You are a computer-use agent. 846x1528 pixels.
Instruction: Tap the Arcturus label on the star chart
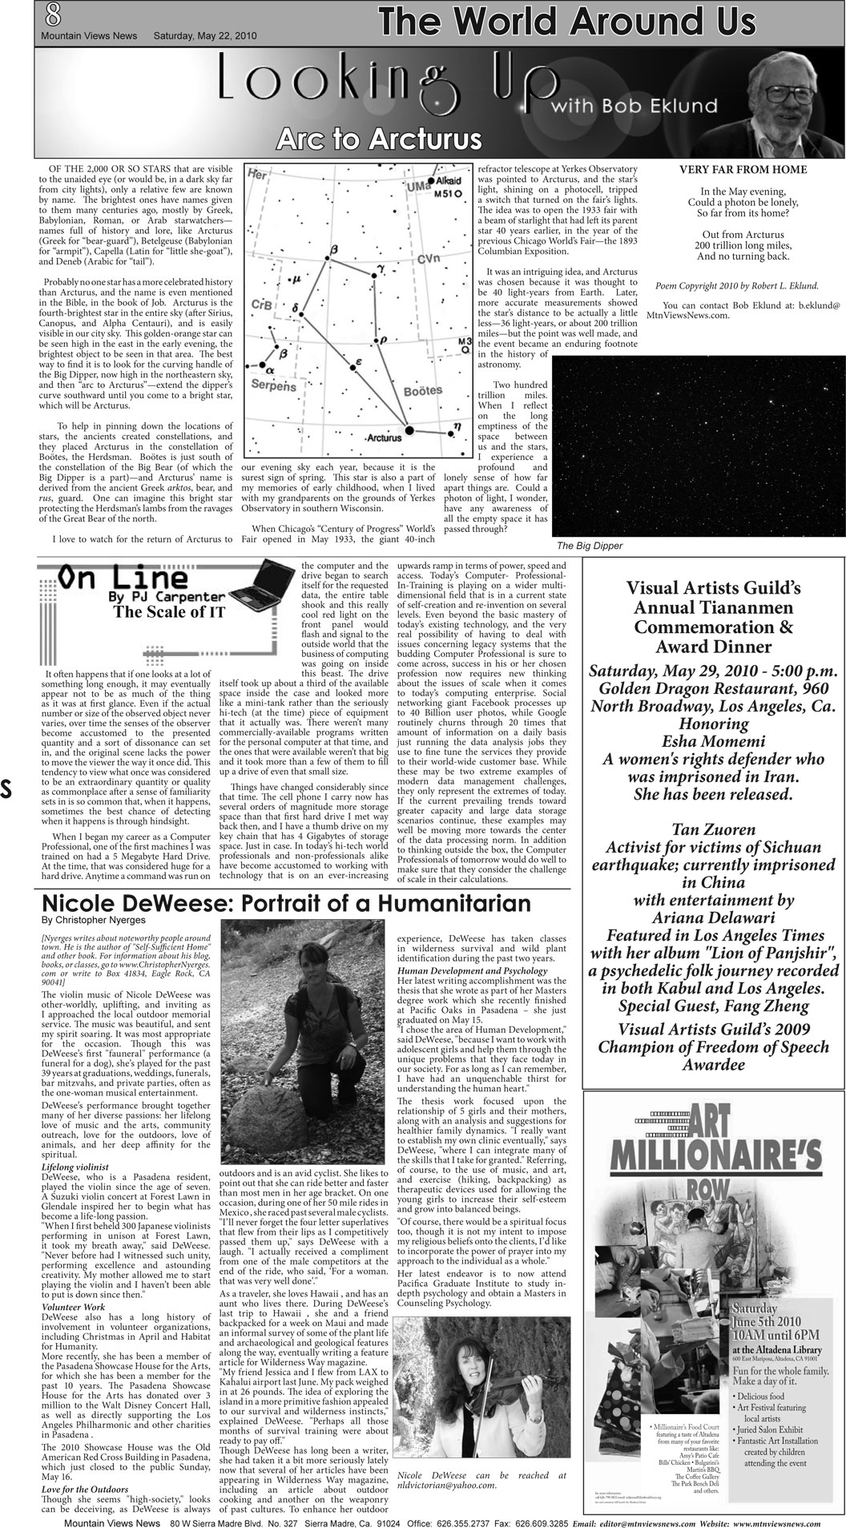tap(382, 438)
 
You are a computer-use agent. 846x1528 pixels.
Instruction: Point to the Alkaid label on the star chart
tap(451, 181)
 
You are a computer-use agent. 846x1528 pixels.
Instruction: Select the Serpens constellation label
tap(273, 385)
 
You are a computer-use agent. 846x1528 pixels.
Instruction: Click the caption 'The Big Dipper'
tap(589, 546)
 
